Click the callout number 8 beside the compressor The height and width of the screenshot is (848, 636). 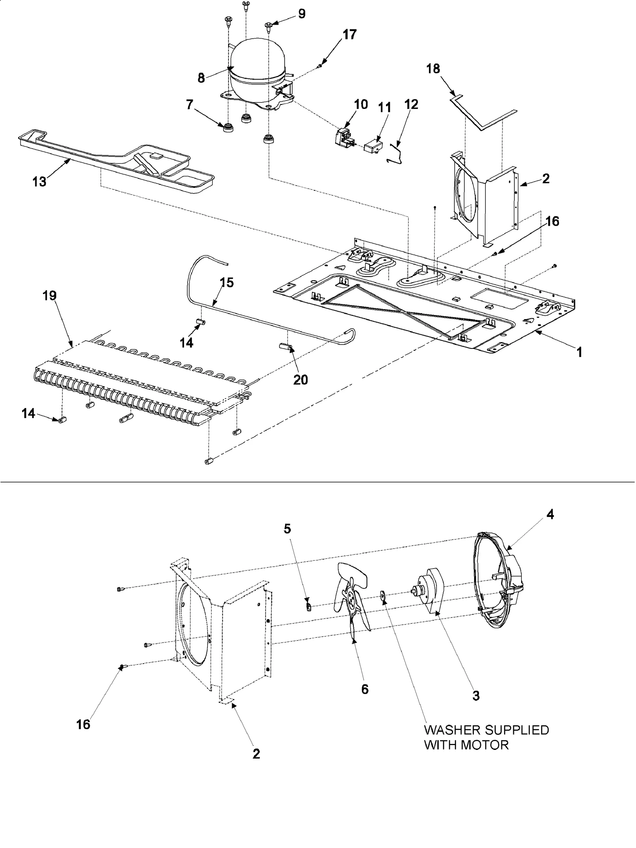click(201, 78)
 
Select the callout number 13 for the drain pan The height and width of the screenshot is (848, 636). click(39, 182)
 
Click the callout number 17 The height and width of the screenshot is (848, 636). click(349, 35)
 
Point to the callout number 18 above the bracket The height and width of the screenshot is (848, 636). click(433, 69)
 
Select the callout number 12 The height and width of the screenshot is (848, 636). click(411, 105)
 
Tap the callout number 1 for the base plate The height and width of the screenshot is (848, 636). click(579, 352)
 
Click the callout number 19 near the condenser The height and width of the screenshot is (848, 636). click(50, 296)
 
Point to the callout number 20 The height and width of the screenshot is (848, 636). click(301, 380)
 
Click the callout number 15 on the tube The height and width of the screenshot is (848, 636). click(227, 283)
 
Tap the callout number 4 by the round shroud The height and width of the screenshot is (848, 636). click(550, 515)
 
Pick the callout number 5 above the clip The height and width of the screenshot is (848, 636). click(287, 529)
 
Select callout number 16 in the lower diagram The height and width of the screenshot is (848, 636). click(83, 724)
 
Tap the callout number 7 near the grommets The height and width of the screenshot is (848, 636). click(189, 105)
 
